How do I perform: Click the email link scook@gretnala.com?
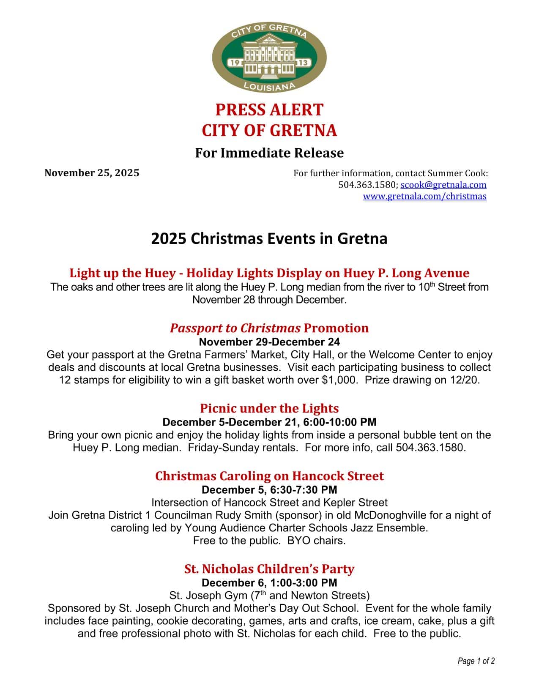(443, 185)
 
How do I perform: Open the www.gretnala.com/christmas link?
(424, 196)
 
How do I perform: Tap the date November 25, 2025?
(92, 173)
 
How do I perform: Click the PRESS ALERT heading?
(269, 110)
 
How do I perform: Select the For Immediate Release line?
(269, 153)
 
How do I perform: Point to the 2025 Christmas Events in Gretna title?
(269, 239)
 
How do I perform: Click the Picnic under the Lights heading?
(269, 408)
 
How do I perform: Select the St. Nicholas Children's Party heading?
(269, 569)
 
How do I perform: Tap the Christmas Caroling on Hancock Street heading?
(269, 476)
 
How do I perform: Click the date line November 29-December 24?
(269, 342)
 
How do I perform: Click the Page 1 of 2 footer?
(476, 661)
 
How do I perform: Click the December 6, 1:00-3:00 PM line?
(269, 583)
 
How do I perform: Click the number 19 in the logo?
(235, 63)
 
